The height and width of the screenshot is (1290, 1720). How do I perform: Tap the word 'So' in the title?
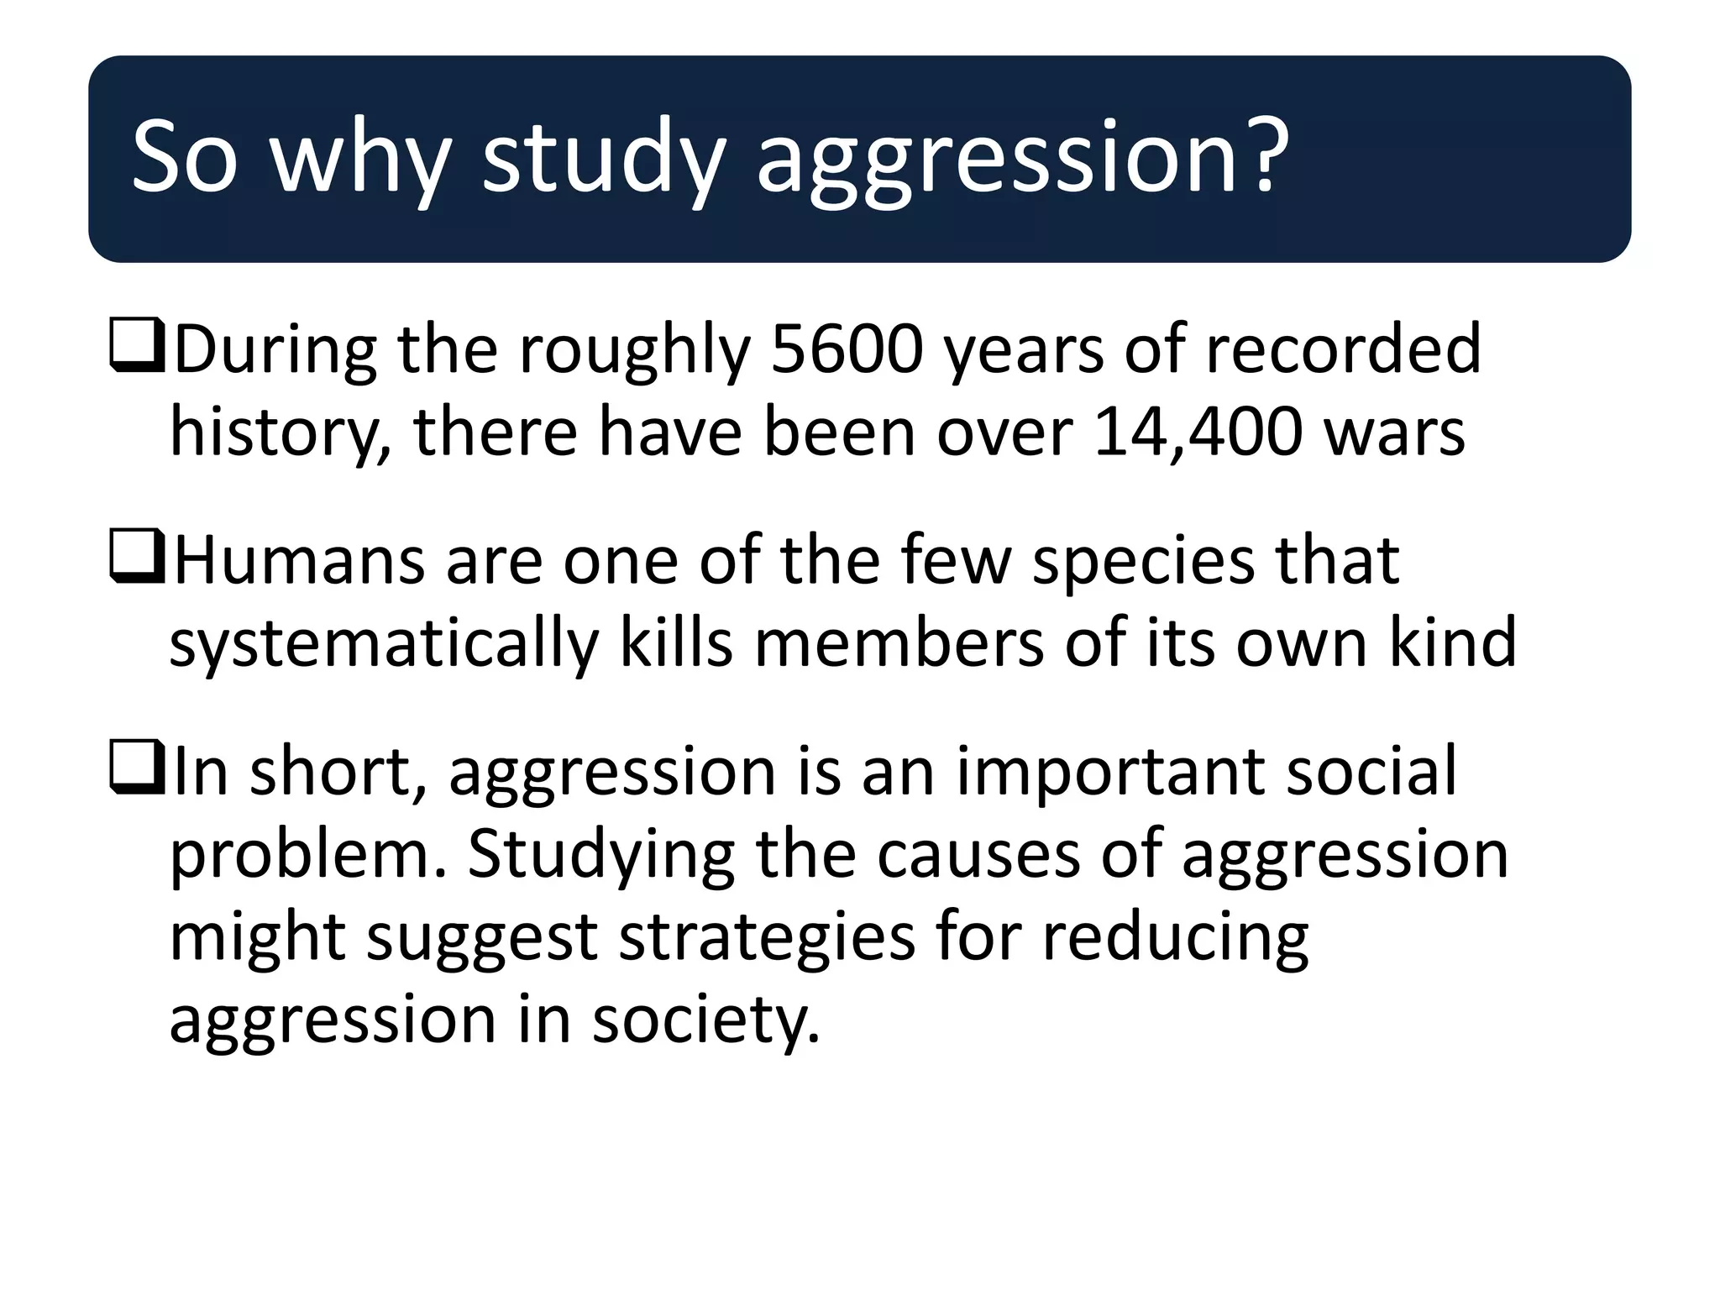click(x=184, y=157)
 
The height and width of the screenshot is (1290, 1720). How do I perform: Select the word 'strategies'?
click(x=767, y=939)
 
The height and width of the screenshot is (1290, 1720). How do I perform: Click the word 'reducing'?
click(x=1176, y=939)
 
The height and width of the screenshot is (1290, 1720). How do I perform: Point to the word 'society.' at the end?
click(x=705, y=1021)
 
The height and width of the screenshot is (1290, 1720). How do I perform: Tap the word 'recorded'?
click(x=1345, y=349)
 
